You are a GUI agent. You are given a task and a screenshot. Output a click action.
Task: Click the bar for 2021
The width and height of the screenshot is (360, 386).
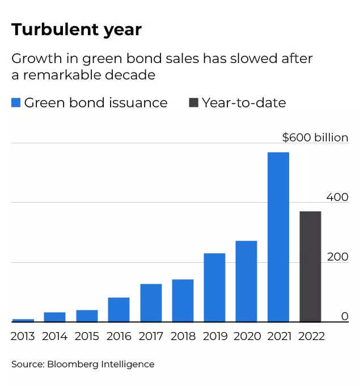278,237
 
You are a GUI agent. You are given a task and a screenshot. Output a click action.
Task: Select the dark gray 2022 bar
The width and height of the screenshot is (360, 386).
310,267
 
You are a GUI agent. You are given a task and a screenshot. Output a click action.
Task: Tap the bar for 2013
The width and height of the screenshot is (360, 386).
23,320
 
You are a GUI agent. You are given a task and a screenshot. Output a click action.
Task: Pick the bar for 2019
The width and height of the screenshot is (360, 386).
214,288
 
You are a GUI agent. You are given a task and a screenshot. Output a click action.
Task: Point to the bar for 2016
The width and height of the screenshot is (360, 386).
118,310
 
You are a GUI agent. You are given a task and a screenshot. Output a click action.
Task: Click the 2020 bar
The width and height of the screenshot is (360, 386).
246,282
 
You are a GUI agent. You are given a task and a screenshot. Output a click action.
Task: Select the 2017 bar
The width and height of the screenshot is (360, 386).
151,303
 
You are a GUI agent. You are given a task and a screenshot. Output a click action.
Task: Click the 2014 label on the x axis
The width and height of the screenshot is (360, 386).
55,336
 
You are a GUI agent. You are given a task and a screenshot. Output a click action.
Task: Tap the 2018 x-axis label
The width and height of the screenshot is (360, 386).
183,336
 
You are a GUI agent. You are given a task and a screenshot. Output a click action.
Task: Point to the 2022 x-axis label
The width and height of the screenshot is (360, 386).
311,336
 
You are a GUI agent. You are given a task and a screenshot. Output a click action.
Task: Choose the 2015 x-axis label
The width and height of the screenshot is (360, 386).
87,336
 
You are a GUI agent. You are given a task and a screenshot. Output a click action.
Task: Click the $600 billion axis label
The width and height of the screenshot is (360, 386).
315,137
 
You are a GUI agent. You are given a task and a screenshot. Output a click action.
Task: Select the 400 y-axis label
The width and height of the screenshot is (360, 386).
337,197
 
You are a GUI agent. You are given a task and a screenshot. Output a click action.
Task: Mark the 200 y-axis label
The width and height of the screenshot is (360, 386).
337,257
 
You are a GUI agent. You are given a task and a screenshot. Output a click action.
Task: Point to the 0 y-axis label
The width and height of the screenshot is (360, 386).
345,316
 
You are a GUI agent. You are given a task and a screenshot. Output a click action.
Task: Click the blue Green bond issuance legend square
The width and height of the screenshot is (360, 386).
16,103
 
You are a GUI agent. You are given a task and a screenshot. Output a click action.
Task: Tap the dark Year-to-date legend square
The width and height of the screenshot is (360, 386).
193,103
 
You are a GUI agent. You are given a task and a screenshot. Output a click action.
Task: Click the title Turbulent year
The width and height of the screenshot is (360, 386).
76,30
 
